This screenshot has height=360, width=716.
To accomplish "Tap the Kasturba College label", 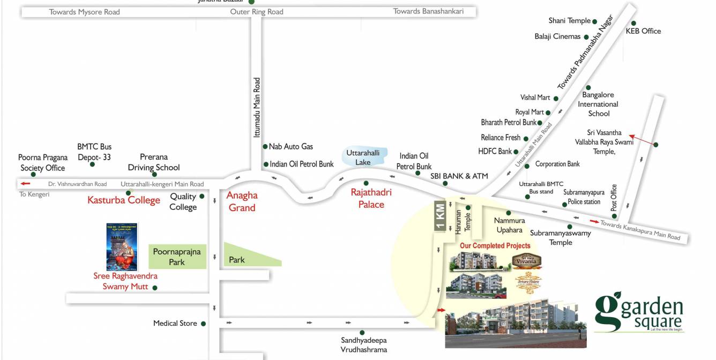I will point(124,200).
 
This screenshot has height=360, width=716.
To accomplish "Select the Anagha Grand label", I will point(242,201).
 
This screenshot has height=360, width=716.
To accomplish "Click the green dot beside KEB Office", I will point(633,23).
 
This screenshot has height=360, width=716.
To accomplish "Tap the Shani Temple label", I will point(569,21).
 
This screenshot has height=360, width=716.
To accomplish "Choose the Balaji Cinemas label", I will point(557,36).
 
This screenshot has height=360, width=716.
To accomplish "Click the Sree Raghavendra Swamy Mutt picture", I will point(122,247).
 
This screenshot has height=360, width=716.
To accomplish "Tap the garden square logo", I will point(639,311).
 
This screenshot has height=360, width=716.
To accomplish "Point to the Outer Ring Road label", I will point(257,12).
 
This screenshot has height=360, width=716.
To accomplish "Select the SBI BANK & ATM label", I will point(459,176).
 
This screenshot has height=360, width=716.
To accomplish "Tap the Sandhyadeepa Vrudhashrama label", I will point(363,345).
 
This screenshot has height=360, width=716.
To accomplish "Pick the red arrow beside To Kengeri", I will point(25,184).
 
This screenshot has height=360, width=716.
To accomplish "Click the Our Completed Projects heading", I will point(495,246).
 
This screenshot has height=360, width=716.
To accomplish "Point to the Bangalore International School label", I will point(598,104).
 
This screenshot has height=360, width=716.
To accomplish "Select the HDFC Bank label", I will point(495,152).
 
